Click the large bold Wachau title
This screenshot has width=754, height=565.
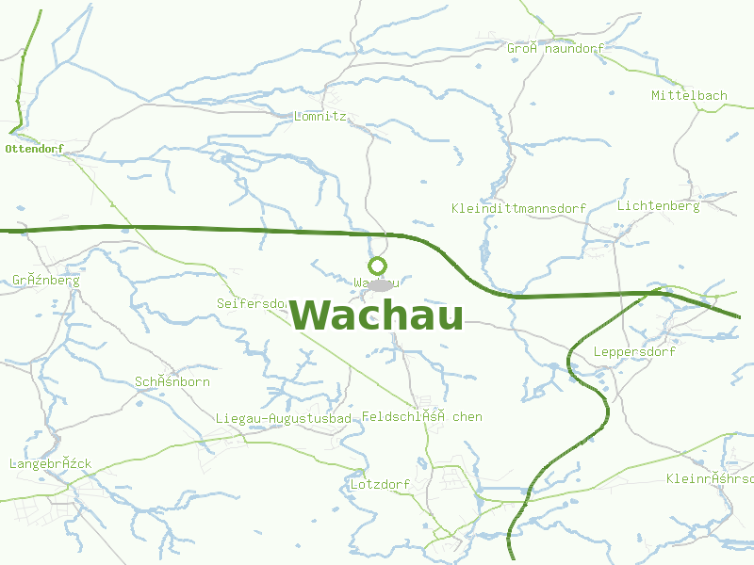tap(376, 315)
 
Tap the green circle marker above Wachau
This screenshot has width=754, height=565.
tap(377, 266)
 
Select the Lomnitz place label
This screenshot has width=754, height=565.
tap(320, 117)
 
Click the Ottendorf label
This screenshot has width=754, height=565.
tap(34, 149)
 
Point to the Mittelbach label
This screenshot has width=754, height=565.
tap(689, 95)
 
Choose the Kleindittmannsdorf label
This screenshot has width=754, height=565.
tap(518, 208)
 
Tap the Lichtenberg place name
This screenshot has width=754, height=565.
tap(658, 205)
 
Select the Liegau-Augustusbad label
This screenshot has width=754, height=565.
tap(283, 418)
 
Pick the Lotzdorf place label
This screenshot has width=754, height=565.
tap(379, 485)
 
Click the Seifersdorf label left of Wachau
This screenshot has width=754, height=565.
tap(251, 303)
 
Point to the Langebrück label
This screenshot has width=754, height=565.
tap(50, 464)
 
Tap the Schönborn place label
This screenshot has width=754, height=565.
tap(172, 381)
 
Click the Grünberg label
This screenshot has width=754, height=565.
tap(45, 280)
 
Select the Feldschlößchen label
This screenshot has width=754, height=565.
tap(421, 416)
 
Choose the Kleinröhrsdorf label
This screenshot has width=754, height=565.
tap(709, 478)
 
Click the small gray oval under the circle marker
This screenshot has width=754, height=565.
tap(380, 283)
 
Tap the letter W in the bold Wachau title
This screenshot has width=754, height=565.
tap(311, 315)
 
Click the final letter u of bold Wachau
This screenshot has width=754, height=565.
tap(449, 317)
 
